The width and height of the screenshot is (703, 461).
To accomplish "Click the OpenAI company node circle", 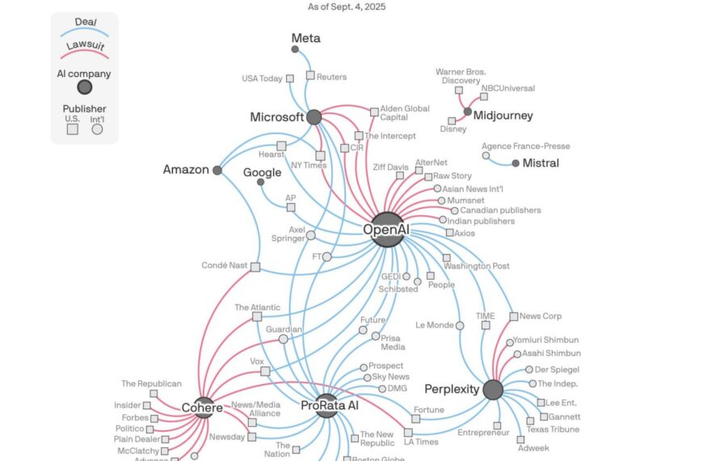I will [x=387, y=229].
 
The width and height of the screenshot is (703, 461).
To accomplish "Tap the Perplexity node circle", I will [x=493, y=390].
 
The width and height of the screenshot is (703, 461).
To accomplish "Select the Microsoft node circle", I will [x=314, y=117].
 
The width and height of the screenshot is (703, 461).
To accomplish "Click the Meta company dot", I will [x=295, y=49].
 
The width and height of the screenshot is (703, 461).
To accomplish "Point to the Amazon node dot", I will [x=217, y=170].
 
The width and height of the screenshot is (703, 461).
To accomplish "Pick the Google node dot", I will [x=260, y=182].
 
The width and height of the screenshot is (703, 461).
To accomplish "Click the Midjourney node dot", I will [x=468, y=112].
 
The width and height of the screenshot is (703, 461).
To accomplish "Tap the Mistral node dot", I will [x=516, y=163].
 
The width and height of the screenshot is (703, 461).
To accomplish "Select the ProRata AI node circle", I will [x=326, y=404].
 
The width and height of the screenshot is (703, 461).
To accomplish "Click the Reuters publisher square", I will [x=310, y=75].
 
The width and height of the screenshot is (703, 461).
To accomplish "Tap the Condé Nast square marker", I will [x=255, y=267].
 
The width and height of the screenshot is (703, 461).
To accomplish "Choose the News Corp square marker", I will [x=513, y=316].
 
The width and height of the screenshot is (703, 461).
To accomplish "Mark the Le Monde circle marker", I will [x=460, y=325].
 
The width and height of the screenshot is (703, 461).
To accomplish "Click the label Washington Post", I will [x=477, y=266].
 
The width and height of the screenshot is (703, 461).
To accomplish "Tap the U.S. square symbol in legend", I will [x=72, y=129].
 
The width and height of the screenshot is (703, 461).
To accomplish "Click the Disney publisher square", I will [x=452, y=121].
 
